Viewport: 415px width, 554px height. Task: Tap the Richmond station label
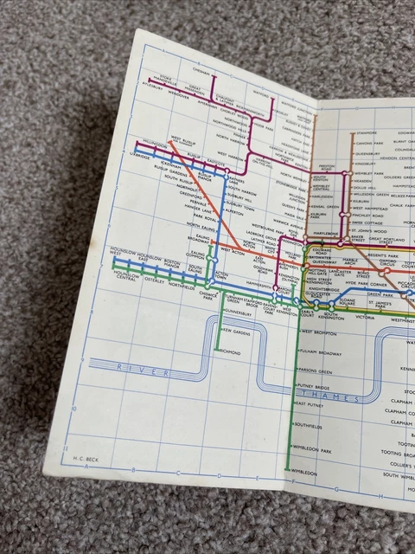pyautogui.click(x=228, y=352)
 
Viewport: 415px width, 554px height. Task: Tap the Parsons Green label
pyautogui.click(x=316, y=371)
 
